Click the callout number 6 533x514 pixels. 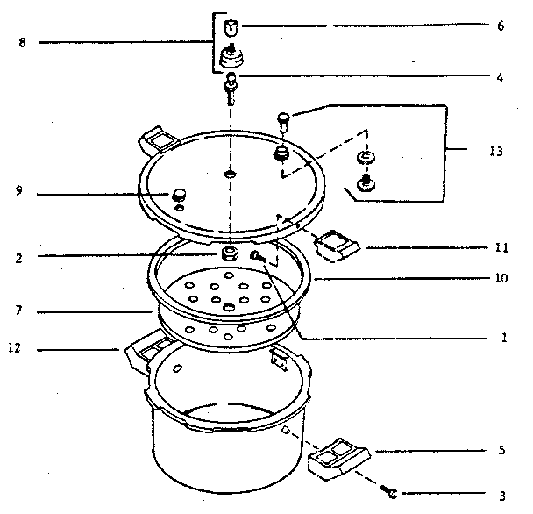pyautogui.click(x=500, y=25)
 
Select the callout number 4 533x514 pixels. pyautogui.click(x=500, y=77)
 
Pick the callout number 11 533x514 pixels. pyautogui.click(x=501, y=248)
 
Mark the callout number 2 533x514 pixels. pyautogui.click(x=19, y=257)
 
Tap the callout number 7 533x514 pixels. pyautogui.click(x=19, y=311)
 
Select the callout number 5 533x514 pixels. pyautogui.click(x=500, y=452)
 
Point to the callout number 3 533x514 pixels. pyautogui.click(x=500, y=495)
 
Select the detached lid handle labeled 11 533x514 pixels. pyautogui.click(x=335, y=246)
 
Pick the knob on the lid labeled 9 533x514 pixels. pyautogui.click(x=180, y=194)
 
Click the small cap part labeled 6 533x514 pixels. pyautogui.click(x=231, y=26)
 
